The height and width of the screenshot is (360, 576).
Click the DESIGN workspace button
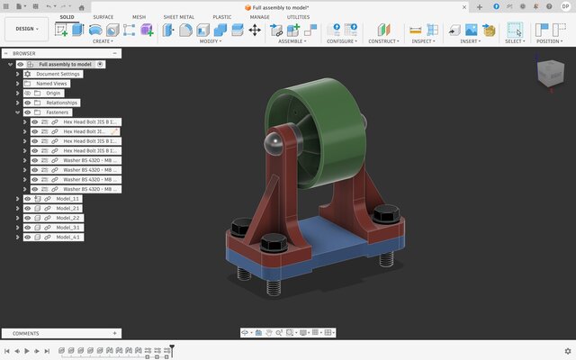26,29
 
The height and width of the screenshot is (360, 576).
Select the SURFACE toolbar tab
103,17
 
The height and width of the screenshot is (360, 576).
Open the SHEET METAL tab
178,17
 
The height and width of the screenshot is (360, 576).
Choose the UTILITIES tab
298,17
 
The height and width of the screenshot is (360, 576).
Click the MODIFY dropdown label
211,41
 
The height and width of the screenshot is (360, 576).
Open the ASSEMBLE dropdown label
291,41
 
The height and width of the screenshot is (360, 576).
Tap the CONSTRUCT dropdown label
384,41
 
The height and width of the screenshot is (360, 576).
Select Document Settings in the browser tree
59,74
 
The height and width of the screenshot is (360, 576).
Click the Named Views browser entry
53,84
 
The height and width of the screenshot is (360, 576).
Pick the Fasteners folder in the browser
57,112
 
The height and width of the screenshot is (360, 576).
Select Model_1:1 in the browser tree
67,198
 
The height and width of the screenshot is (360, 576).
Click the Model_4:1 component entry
67,238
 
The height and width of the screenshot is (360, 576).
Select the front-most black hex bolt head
273,243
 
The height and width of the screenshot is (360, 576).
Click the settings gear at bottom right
567,351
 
